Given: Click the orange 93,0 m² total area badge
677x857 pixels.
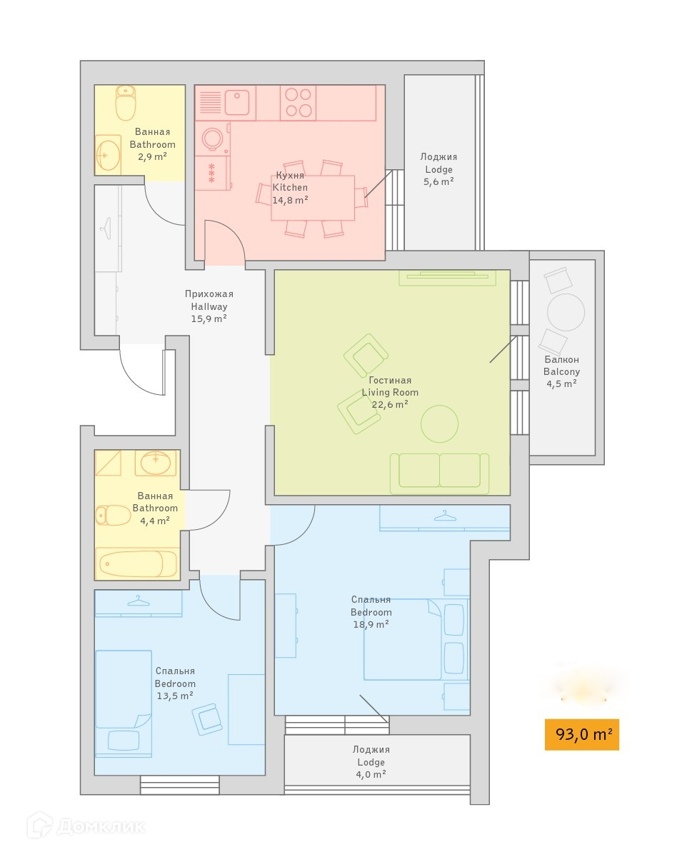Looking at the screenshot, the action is coord(581,734).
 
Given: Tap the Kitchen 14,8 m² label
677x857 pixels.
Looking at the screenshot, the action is coord(290,188).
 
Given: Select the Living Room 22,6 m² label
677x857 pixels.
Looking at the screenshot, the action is coord(390,392).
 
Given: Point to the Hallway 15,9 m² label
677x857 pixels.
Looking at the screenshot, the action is coord(209,306).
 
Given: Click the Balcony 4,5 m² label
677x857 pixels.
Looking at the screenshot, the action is coord(561,371).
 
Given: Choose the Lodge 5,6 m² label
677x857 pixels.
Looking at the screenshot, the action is coord(438,169).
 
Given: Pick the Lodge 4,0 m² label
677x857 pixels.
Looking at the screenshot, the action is coord(371,762).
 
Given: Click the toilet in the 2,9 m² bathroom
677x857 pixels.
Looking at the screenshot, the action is coord(126,104).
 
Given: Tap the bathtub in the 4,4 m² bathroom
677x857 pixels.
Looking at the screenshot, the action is coord(138,563).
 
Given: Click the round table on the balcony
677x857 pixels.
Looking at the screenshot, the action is coord(566,312).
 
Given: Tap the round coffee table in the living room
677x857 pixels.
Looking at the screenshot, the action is coord(439,424).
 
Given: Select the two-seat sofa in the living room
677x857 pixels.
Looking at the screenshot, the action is coord(439,472).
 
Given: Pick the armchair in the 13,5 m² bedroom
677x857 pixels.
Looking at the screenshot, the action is coord(208,719).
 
